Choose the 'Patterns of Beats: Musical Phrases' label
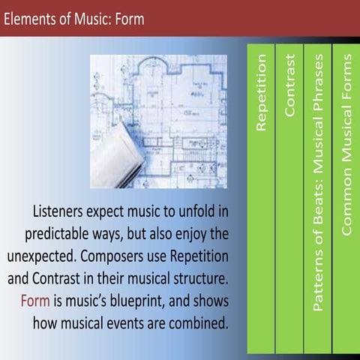point(318,183)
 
